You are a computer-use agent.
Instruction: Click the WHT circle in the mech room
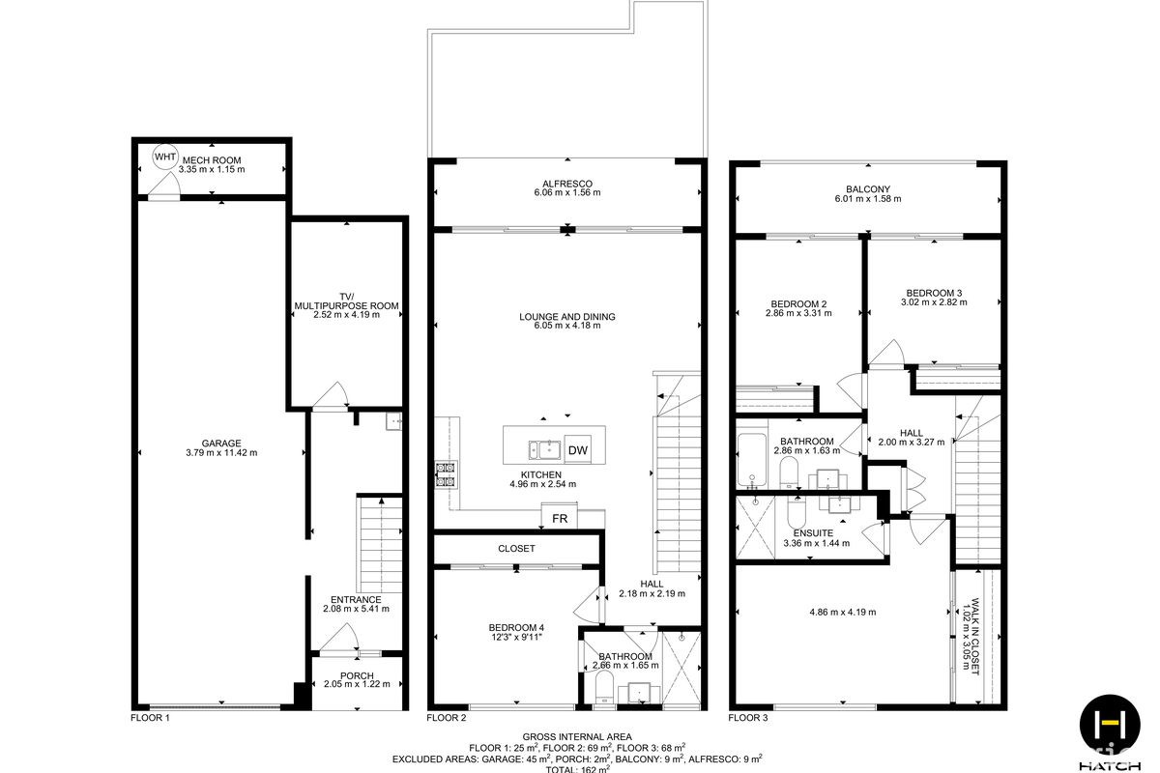[165, 157]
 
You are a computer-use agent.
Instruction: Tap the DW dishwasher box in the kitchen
[578, 450]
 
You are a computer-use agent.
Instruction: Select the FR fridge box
[560, 518]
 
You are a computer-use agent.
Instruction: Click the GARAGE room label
[221, 444]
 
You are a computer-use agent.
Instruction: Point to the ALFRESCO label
[567, 184]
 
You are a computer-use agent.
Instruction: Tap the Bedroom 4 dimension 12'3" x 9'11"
[516, 637]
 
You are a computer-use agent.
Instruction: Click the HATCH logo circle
[1110, 725]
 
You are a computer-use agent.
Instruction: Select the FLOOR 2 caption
[447, 718]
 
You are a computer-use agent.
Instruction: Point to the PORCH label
[357, 675]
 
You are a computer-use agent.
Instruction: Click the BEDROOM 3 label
[934, 293]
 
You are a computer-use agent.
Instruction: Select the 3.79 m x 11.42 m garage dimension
[221, 452]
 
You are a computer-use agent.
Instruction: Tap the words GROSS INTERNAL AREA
[577, 736]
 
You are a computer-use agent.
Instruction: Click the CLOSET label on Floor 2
[516, 548]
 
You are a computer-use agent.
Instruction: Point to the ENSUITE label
[813, 533]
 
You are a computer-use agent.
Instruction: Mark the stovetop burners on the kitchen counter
[446, 474]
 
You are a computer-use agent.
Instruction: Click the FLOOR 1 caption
[150, 718]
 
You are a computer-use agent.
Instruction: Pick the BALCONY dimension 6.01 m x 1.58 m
[868, 199]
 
